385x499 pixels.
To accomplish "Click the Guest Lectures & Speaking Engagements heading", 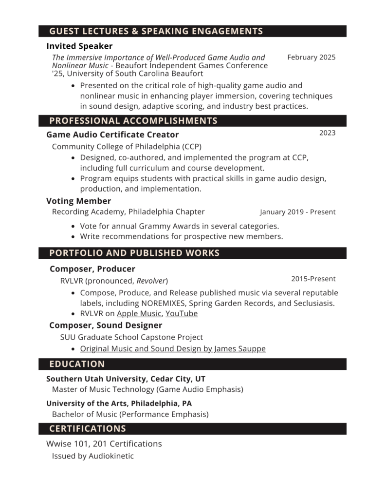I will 156,32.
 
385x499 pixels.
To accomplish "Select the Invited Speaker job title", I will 79,46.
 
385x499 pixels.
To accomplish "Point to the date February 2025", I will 311,58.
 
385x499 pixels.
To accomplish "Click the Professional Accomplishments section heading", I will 133,121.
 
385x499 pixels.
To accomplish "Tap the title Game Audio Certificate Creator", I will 112,134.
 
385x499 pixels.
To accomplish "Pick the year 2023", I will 327,133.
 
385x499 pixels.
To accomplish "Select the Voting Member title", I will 78,201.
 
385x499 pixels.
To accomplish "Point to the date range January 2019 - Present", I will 297,212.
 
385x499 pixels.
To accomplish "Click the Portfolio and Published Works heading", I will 134,253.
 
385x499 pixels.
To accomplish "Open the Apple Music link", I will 139,314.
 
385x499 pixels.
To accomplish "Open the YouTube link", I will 181,314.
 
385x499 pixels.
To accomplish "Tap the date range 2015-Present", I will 313,279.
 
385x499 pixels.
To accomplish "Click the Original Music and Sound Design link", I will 173,349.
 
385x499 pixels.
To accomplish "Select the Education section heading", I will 77,364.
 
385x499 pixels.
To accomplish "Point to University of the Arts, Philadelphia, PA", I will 119,403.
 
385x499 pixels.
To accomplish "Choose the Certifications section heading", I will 88,429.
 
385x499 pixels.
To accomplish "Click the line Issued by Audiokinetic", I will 92,456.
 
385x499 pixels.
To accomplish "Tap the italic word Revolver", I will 151,281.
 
